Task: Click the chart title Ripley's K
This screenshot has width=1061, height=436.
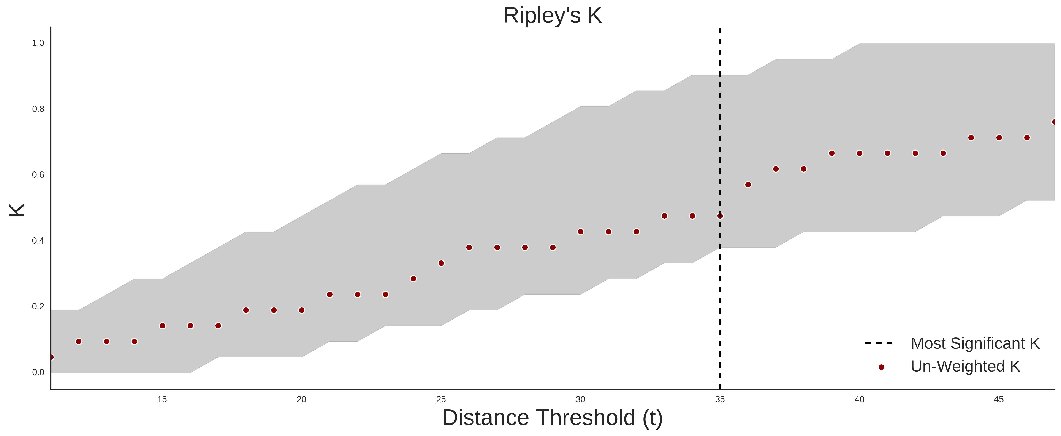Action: coord(552,16)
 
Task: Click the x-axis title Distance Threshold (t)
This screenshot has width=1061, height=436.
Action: coord(552,418)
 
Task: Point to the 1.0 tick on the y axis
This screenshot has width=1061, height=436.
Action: coord(38,43)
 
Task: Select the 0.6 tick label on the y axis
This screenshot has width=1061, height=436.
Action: coord(38,175)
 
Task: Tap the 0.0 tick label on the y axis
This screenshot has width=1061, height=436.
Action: coord(38,372)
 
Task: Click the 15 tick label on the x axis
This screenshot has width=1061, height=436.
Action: coord(162,399)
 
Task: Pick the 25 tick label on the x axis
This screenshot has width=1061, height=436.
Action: coord(441,399)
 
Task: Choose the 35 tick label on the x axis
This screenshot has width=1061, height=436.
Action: coord(720,399)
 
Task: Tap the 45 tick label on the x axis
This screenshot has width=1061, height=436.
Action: coord(999,399)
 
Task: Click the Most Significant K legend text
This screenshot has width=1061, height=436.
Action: coord(975,343)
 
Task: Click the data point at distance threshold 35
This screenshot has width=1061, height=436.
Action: coord(720,216)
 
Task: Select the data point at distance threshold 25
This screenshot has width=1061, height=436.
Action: coord(441,263)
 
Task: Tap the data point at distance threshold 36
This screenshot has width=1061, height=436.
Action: coord(748,185)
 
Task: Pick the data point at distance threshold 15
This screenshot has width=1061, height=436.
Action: coord(162,326)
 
